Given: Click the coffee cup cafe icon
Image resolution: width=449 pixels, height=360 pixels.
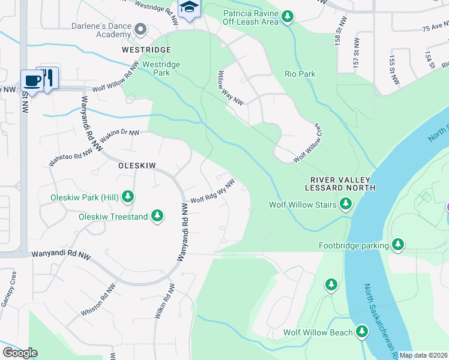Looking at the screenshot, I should coord(31,79).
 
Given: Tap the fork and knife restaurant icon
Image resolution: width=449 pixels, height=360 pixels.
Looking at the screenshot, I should coord(49,77).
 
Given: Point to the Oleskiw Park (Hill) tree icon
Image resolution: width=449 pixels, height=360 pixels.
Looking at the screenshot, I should coord(127,196).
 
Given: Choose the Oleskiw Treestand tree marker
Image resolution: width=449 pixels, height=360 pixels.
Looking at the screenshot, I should coord(157,215).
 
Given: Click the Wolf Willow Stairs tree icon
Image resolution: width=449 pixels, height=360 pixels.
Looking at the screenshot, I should coord(345,205).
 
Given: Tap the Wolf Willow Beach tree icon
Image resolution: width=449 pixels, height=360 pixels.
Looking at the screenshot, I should coord(361,331).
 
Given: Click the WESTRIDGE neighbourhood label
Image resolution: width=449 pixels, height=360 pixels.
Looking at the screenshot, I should coord(146,49).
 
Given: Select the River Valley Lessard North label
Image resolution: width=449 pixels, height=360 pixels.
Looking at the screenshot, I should coord(343,184).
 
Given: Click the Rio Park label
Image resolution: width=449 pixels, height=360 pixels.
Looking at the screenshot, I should coord(300,74).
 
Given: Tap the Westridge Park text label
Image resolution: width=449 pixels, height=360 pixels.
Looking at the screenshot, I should coord(161,68).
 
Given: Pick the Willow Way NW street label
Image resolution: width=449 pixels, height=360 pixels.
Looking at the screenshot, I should coord(230,87).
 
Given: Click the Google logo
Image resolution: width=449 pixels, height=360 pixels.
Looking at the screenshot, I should coord(20,353).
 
